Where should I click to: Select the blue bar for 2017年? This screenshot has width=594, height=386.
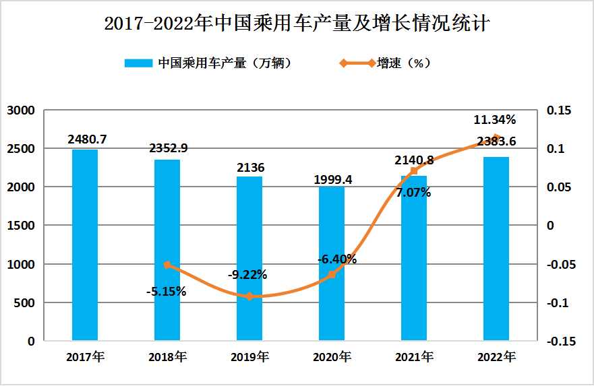85,245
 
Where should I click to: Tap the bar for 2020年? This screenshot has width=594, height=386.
331,263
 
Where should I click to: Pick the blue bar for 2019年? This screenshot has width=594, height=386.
249,259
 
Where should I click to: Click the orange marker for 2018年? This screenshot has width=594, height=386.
167,265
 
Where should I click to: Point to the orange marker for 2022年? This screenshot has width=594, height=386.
496,138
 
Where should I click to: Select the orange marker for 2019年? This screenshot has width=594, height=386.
249,296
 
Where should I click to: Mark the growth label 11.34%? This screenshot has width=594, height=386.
494,121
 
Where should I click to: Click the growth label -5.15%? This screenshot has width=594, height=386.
166,292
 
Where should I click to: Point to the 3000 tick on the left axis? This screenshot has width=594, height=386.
21,110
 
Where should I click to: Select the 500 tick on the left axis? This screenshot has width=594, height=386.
26,303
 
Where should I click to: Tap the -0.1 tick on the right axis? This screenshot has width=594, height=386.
559,303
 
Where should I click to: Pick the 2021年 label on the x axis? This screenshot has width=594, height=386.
413,356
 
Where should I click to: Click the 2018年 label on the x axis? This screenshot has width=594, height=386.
167,356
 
